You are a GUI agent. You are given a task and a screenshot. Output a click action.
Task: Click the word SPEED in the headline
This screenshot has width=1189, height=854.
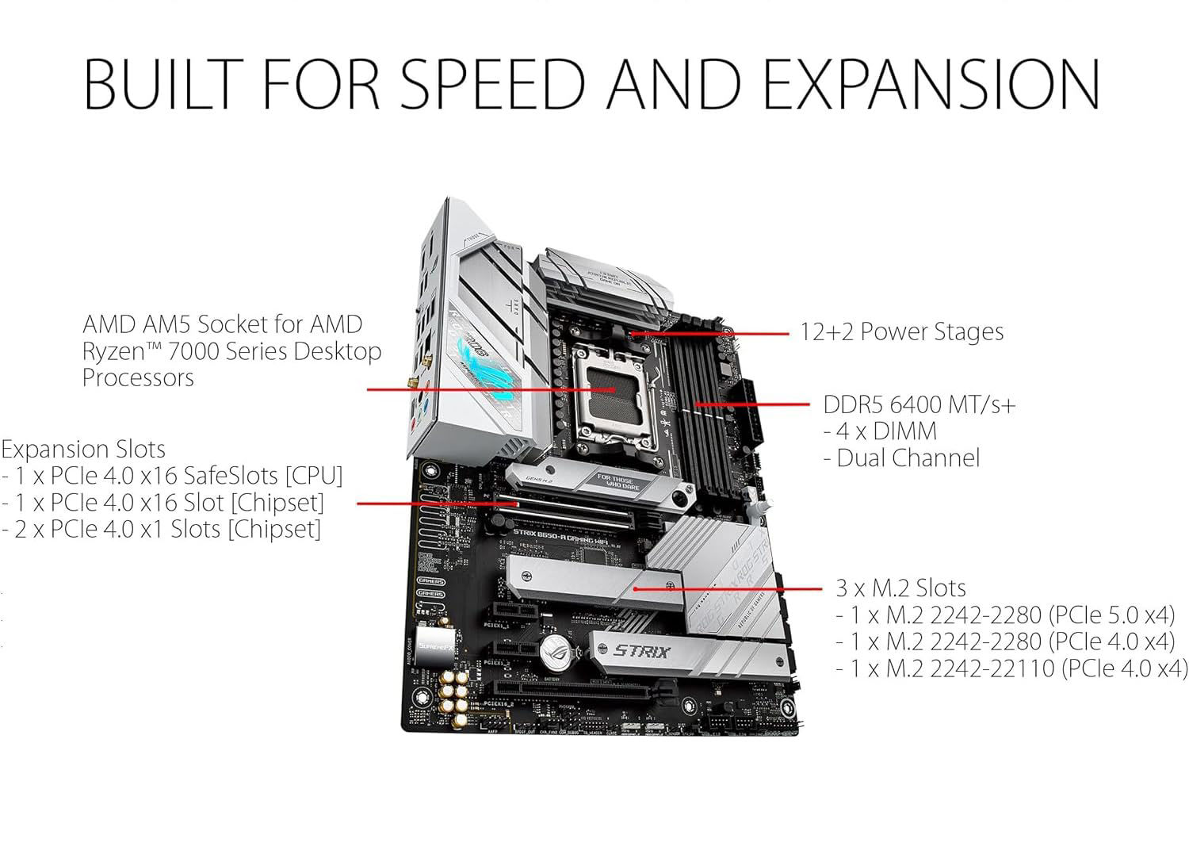(x=492, y=82)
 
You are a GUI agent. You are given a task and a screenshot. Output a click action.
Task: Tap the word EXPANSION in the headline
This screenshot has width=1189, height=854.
(x=931, y=82)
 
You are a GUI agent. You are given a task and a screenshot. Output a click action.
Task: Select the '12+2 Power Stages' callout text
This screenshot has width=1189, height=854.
(x=901, y=331)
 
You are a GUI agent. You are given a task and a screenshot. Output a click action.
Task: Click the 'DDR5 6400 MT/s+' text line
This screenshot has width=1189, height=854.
(x=919, y=404)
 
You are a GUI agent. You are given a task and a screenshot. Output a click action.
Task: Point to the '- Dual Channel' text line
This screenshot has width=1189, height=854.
(x=901, y=458)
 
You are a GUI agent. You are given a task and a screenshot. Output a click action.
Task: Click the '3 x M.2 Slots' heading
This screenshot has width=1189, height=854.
(x=900, y=588)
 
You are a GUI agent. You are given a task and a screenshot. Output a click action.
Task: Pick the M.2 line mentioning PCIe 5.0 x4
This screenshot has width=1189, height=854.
(x=1004, y=615)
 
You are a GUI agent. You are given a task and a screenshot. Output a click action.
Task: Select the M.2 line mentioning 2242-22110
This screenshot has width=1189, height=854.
(x=1011, y=668)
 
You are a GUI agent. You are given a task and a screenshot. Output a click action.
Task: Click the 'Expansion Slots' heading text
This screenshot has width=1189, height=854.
(x=83, y=449)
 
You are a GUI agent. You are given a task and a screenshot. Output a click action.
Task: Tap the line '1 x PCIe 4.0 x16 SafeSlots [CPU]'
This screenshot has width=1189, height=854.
(x=172, y=476)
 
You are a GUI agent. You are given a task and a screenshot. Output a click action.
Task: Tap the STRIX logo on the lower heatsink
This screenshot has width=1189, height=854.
(x=642, y=653)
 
